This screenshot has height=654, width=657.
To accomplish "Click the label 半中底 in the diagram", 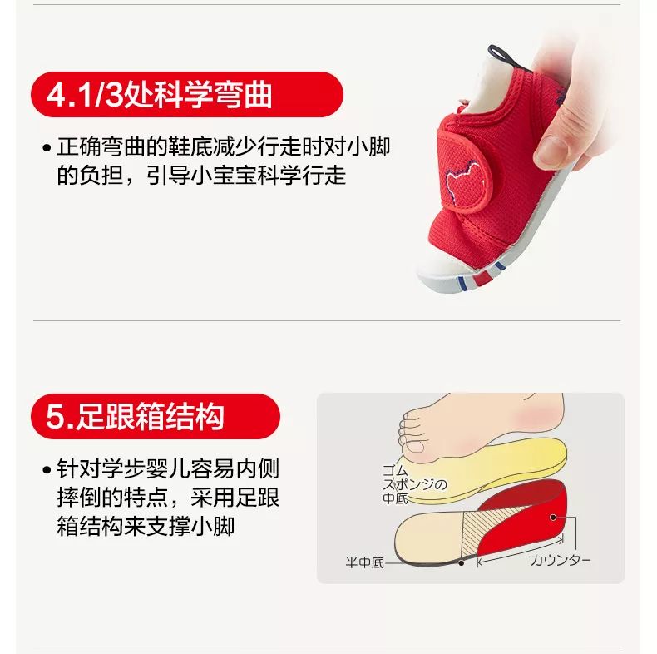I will pos(364,563).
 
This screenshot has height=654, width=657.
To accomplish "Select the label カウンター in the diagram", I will pos(561,560).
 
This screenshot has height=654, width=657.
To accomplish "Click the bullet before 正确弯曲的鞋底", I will pos(47,149).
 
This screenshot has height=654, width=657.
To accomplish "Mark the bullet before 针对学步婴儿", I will pos(47,470).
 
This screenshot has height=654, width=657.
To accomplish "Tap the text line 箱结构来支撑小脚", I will pos(146,527).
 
